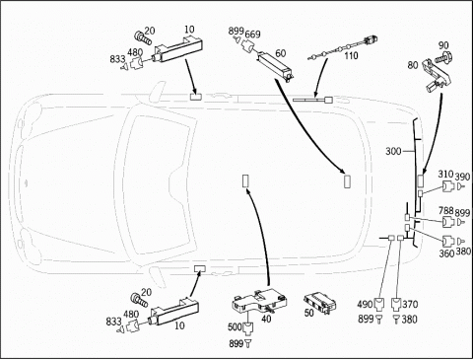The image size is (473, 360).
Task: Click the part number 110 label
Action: (x=351, y=55)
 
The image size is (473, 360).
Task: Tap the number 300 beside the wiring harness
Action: (x=393, y=151)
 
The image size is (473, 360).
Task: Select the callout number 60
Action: (x=280, y=53)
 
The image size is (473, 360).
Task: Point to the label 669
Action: (x=252, y=35)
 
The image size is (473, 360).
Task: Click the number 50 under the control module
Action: (x=309, y=313)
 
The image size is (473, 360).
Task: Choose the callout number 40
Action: (x=266, y=319)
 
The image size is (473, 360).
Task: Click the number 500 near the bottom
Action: (x=236, y=327)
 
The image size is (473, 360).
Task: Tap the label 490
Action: (x=366, y=305)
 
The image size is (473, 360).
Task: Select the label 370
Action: (x=410, y=305)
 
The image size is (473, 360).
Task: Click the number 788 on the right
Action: (x=446, y=210)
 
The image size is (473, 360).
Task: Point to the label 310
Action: (x=445, y=175)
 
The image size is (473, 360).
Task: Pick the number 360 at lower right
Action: (x=446, y=253)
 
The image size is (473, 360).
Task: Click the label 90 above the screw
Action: (x=443, y=45)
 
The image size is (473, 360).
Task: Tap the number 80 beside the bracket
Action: (x=413, y=65)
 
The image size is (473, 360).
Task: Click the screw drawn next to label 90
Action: (x=442, y=58)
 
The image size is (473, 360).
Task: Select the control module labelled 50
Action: (x=320, y=301)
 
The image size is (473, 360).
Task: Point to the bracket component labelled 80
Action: (x=436, y=76)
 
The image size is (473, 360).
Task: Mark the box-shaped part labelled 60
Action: (x=275, y=66)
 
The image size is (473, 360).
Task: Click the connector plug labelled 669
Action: (x=247, y=45)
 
